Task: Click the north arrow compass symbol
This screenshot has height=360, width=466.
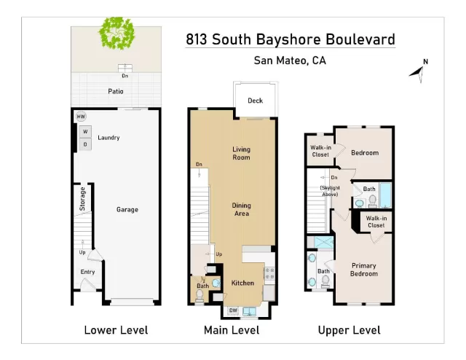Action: pyautogui.click(x=418, y=69)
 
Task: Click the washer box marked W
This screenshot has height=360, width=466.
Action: pyautogui.click(x=85, y=132)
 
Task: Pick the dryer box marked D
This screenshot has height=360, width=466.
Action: pyautogui.click(x=85, y=144)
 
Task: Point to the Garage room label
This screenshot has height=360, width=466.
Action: pyautogui.click(x=127, y=210)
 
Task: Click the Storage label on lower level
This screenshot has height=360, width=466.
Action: pyautogui.click(x=83, y=200)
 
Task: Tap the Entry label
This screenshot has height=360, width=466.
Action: pyautogui.click(x=87, y=273)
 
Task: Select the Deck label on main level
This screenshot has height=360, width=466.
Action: pyautogui.click(x=255, y=101)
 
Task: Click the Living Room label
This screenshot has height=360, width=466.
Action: pyautogui.click(x=241, y=153)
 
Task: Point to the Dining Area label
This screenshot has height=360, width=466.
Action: pyautogui.click(x=241, y=210)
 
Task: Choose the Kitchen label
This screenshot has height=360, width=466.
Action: pyautogui.click(x=242, y=283)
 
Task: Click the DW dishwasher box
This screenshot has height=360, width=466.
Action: pyautogui.click(x=234, y=311)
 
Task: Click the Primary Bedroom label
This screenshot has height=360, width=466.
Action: pyautogui.click(x=364, y=270)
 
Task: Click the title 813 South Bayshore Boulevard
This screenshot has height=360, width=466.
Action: pyautogui.click(x=291, y=39)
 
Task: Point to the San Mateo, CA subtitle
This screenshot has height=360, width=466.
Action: pyautogui.click(x=290, y=61)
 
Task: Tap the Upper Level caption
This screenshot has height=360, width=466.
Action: pyautogui.click(x=349, y=330)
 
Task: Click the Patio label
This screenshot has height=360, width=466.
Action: pyautogui.click(x=115, y=92)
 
